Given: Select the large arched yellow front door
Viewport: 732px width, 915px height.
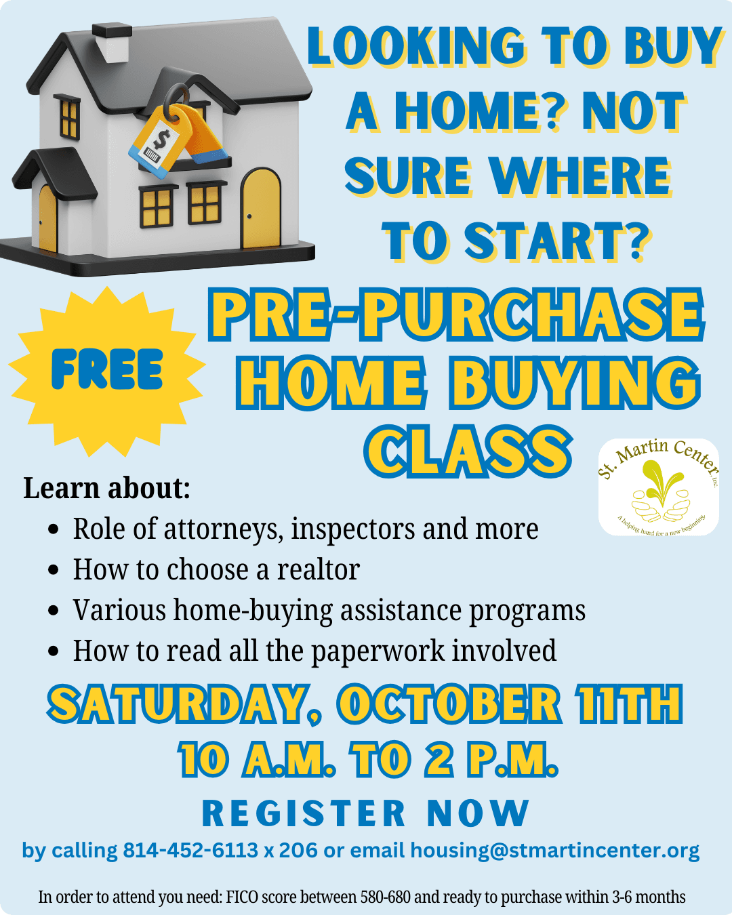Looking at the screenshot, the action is (261, 208).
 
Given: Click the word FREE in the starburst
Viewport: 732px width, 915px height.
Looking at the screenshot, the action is (107, 369).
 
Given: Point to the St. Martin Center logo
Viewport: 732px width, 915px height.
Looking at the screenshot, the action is (658, 487).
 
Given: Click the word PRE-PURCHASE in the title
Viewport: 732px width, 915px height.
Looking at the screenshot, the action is (456, 314).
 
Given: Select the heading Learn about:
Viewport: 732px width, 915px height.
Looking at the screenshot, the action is (107, 488).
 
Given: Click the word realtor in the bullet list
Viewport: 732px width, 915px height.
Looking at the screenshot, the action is (319, 569).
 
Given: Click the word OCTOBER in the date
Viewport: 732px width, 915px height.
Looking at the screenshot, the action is (449, 704).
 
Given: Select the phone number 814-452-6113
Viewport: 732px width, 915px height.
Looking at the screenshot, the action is (190, 851).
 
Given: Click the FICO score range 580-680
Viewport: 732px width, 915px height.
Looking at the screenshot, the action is (386, 897).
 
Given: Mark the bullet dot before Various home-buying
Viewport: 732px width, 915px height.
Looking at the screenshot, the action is (53, 611).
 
